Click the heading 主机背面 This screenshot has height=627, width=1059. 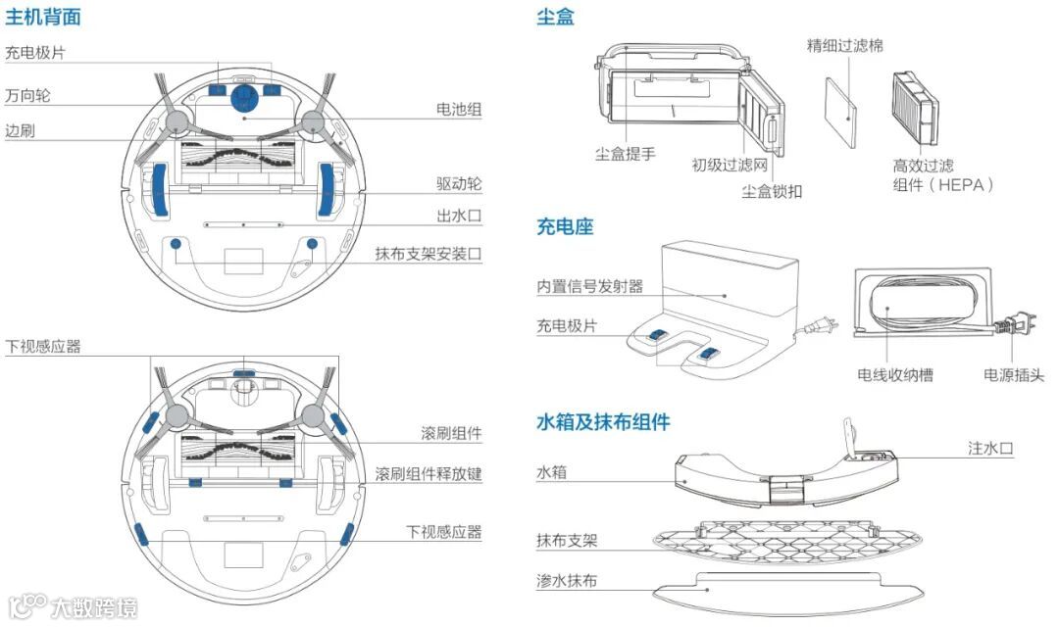click(x=43, y=17)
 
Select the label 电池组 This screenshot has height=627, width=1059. click(x=459, y=110)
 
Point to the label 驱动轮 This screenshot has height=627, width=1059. click(x=459, y=184)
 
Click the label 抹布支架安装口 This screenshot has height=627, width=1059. click(x=429, y=254)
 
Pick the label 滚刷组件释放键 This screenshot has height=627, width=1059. click(x=429, y=473)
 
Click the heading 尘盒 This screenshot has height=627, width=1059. click(x=555, y=17)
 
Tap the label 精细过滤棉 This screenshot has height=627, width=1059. click(x=844, y=45)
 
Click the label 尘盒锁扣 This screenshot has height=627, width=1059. click(x=772, y=191)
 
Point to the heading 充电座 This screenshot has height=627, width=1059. click(x=565, y=227)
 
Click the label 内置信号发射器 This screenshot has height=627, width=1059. click(x=589, y=286)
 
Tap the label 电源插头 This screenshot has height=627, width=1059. click(x=1014, y=374)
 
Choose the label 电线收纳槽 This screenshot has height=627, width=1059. click(x=894, y=374)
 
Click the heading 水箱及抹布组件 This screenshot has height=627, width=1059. click(x=603, y=422)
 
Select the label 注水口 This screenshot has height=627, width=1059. click(x=990, y=448)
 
